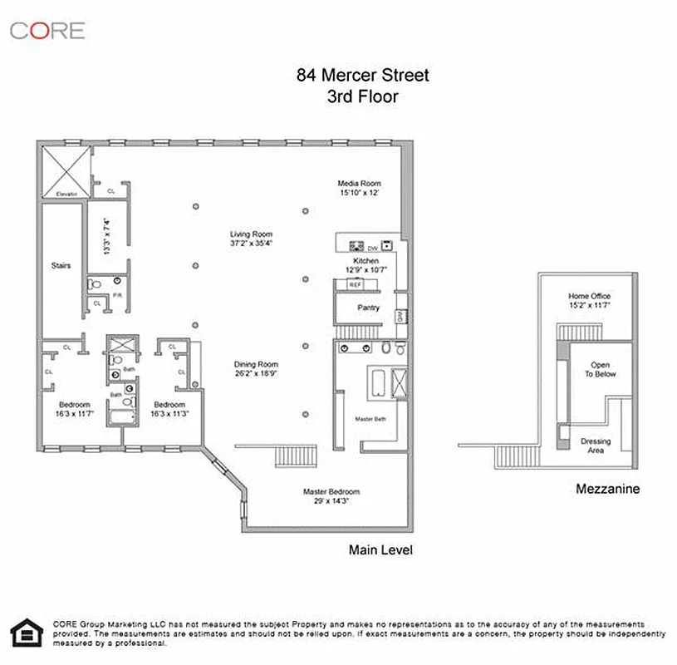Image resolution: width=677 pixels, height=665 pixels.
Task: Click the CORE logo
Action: pyautogui.click(x=47, y=31)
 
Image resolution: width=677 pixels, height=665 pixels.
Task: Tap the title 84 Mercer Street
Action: pyautogui.click(x=362, y=76)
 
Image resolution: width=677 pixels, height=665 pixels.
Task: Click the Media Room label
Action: pyautogui.click(x=359, y=183)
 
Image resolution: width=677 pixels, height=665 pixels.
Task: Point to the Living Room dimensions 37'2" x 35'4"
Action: pyautogui.click(x=251, y=244)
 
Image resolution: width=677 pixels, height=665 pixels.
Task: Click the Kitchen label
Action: pyautogui.click(x=365, y=261)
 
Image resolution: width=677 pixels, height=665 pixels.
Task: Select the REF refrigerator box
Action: pyautogui.click(x=355, y=285)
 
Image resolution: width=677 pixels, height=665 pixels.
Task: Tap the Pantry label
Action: pyautogui.click(x=368, y=308)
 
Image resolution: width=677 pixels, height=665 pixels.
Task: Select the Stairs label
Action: pyautogui.click(x=59, y=266)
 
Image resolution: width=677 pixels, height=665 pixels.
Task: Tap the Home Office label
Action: pyautogui.click(x=589, y=296)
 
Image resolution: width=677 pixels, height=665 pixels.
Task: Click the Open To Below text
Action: pyautogui.click(x=600, y=370)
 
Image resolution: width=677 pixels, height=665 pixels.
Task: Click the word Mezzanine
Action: pyautogui.click(x=607, y=490)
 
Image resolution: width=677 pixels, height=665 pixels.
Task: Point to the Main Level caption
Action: pyautogui.click(x=380, y=550)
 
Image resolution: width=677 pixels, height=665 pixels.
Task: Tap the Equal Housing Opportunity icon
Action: pyautogui.click(x=24, y=633)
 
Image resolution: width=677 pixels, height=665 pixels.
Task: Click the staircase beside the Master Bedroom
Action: pyautogui.click(x=297, y=456)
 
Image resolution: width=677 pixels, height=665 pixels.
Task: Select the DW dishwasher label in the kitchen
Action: pyautogui.click(x=372, y=248)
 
